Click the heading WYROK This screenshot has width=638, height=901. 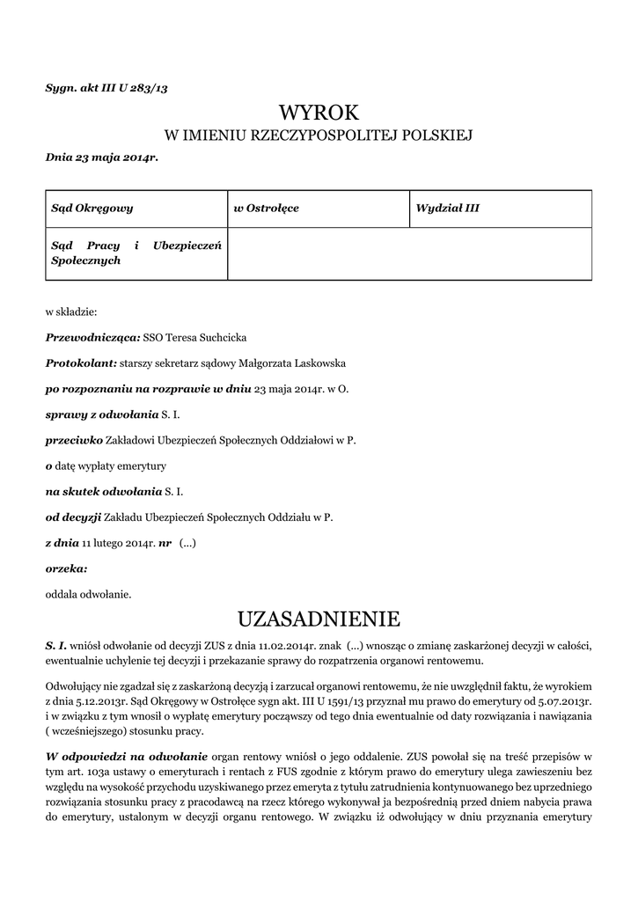(319, 112)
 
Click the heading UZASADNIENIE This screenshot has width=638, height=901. (319, 618)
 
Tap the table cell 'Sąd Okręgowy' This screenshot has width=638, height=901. (92, 209)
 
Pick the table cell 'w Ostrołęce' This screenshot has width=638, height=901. (266, 209)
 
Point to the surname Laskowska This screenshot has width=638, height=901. (317, 363)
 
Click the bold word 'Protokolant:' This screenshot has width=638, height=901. (81, 363)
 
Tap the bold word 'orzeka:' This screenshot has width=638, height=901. (66, 568)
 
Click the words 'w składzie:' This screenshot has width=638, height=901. (71, 311)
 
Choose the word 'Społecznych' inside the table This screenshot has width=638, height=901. (85, 260)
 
